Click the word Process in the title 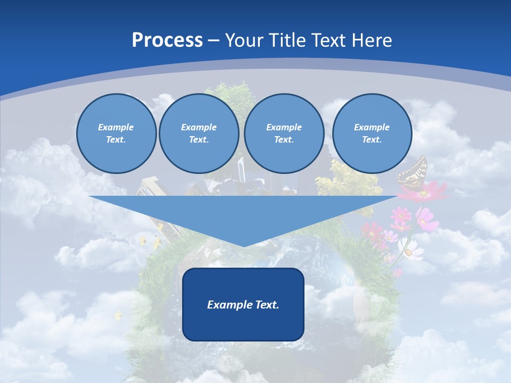(x=167, y=40)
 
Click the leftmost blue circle (x=116, y=134)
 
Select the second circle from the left (x=199, y=134)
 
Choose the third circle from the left (x=284, y=134)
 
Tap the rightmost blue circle (x=372, y=134)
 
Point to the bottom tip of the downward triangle (x=243, y=245)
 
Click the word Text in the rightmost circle (x=372, y=140)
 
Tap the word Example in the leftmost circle (x=116, y=127)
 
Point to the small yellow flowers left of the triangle (x=150, y=242)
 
